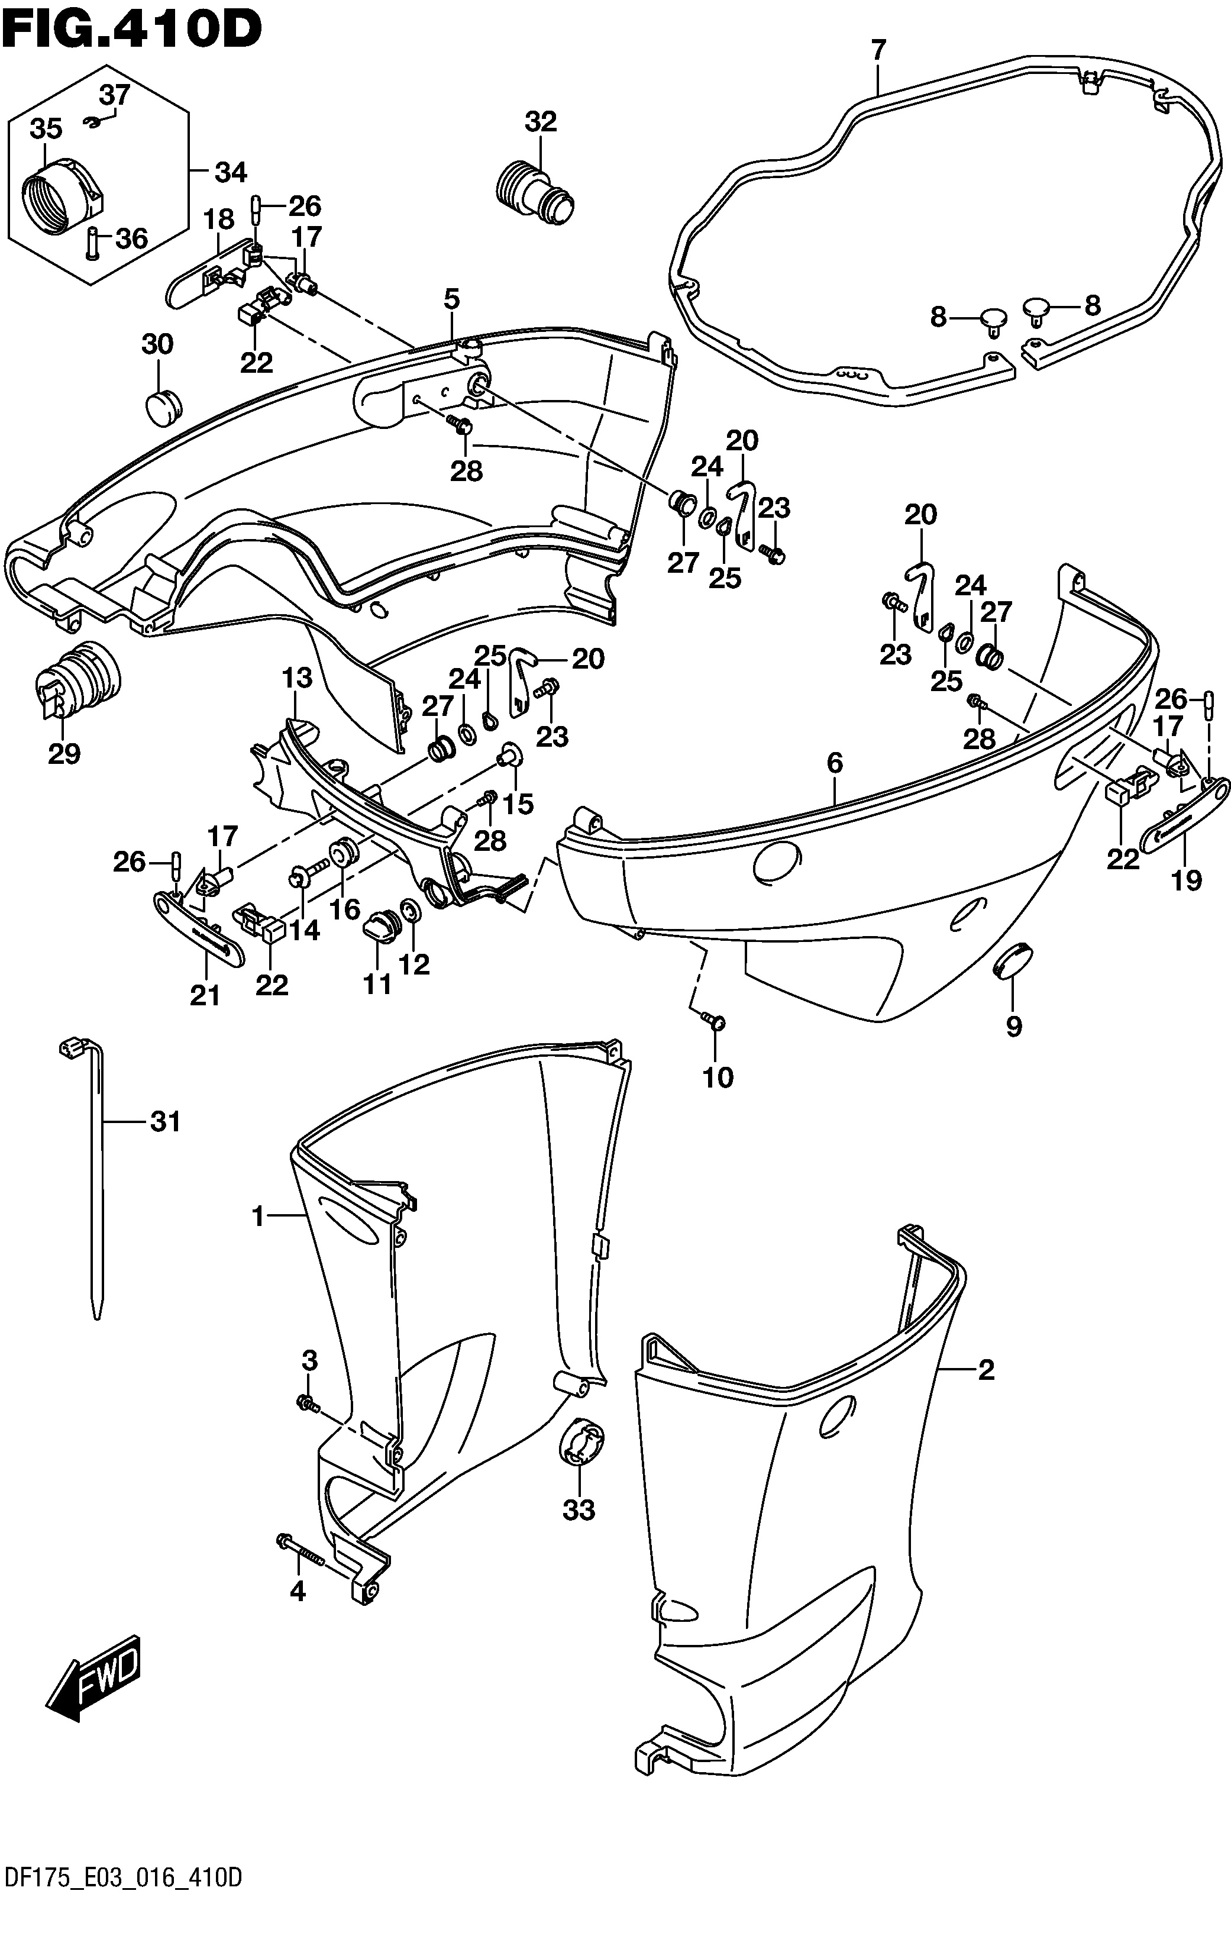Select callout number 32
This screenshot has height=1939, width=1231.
[x=540, y=121]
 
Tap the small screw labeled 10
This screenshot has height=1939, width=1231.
[x=713, y=1021]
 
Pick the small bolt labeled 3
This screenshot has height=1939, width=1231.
[x=308, y=1404]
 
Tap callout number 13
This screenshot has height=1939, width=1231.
[x=296, y=678]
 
